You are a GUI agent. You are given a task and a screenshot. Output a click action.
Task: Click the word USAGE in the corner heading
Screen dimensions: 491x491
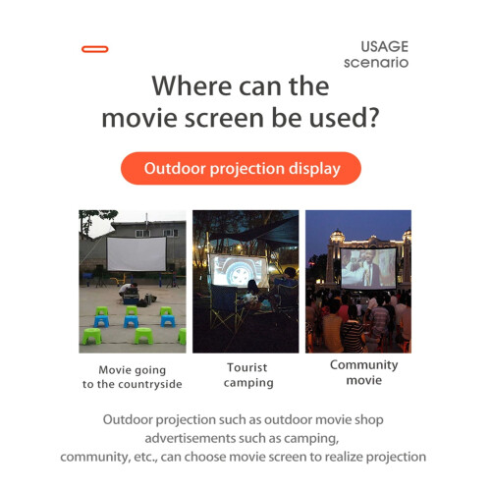tap(385, 46)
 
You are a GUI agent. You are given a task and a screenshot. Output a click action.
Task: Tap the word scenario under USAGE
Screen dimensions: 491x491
tap(376, 62)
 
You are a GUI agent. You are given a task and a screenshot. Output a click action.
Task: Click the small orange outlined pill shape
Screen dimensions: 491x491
tap(95, 49)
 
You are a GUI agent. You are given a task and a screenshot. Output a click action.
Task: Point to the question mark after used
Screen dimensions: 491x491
tap(373, 117)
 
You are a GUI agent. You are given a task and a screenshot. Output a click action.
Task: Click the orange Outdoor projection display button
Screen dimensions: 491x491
tap(241, 168)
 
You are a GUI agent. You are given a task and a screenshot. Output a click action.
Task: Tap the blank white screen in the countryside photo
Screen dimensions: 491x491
tap(136, 254)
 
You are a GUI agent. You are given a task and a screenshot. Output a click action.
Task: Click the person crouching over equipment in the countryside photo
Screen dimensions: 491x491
tap(128, 290)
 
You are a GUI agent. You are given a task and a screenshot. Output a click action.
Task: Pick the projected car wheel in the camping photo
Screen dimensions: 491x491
tap(240, 275)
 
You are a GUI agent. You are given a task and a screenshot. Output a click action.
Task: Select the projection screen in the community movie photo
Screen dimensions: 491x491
tap(368, 268)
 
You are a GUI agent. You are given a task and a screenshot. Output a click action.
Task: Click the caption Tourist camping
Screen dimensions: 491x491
tap(248, 375)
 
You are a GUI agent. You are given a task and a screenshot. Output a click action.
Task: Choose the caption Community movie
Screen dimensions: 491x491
tap(364, 372)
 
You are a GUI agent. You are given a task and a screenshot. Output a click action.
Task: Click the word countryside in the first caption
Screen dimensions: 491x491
tap(150, 384)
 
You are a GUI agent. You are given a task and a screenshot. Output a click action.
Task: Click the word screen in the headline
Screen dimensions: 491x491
tap(224, 118)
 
